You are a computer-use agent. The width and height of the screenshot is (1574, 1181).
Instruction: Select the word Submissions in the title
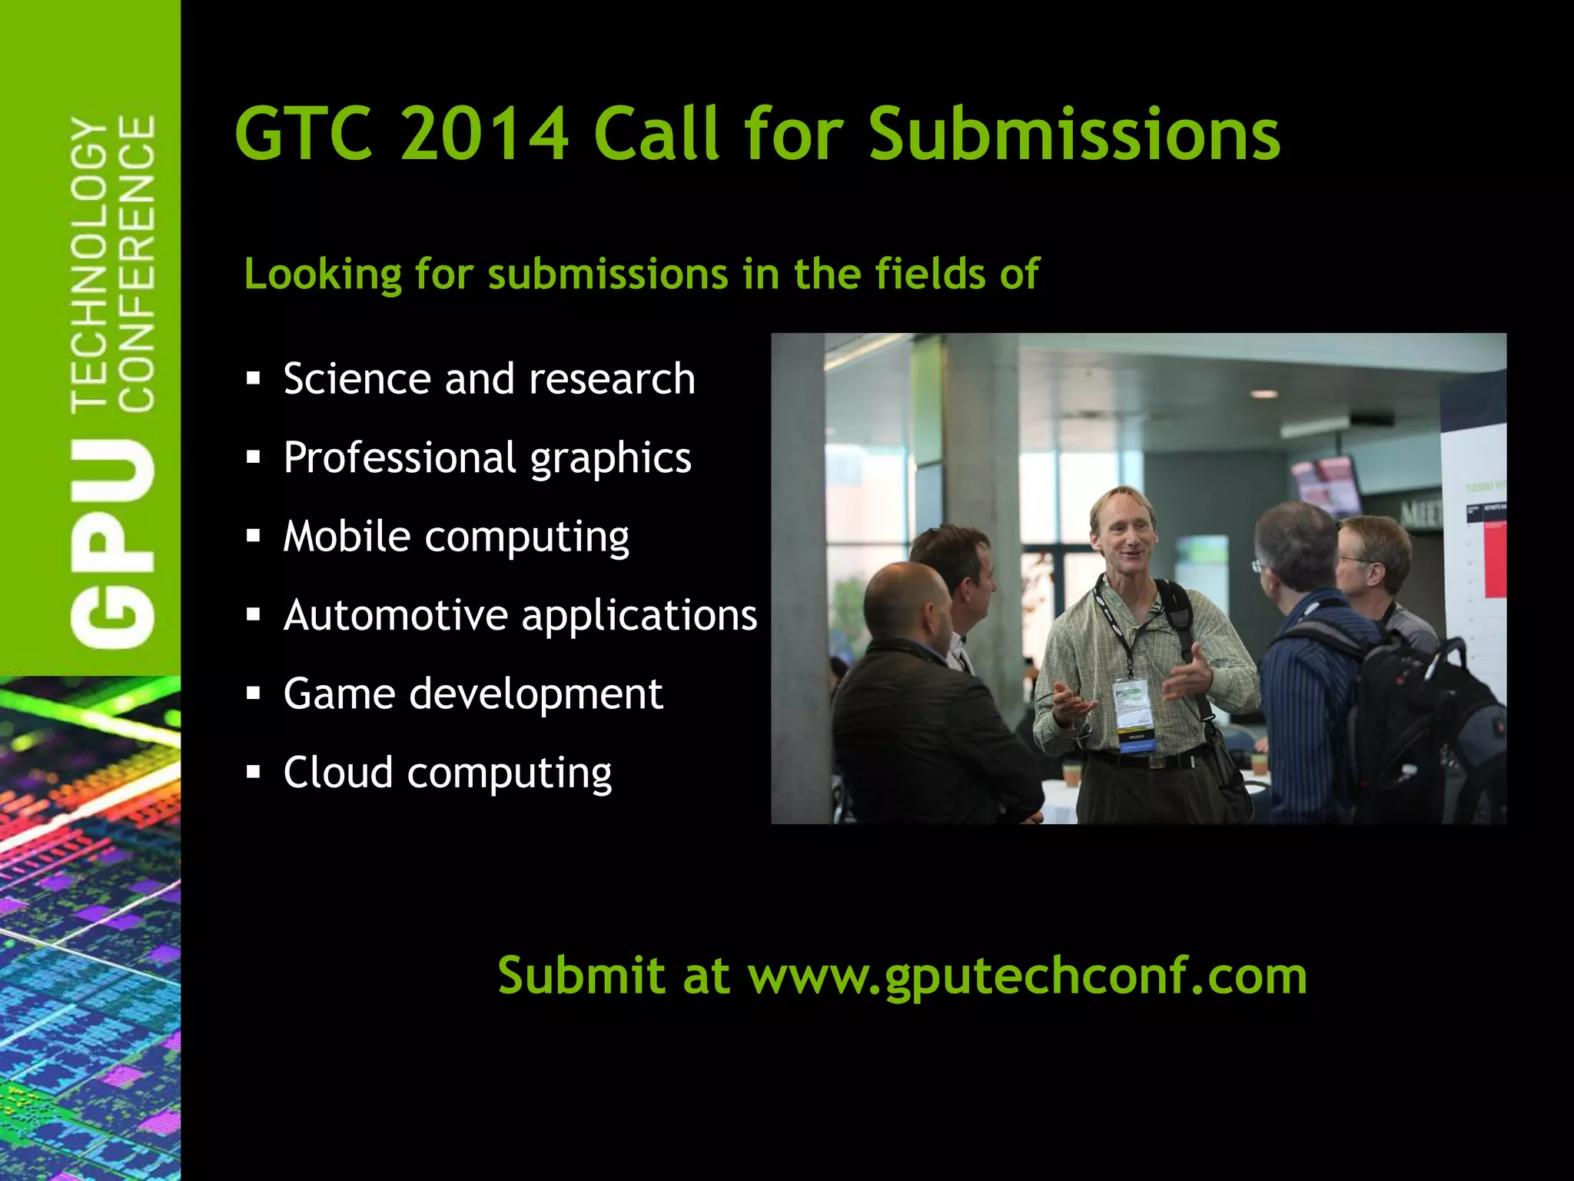1074,134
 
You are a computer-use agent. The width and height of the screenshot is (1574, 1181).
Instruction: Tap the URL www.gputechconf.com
1028,976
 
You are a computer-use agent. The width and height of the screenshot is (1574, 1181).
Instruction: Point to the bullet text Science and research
489,379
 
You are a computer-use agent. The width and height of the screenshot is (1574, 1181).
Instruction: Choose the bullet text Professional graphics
487,458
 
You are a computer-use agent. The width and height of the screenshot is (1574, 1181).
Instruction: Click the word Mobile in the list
347,536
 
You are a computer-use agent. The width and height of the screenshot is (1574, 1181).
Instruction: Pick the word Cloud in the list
338,772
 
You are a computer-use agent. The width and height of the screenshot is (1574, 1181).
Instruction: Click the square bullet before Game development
254,694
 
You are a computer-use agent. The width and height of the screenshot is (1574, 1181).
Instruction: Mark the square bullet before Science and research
254,378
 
